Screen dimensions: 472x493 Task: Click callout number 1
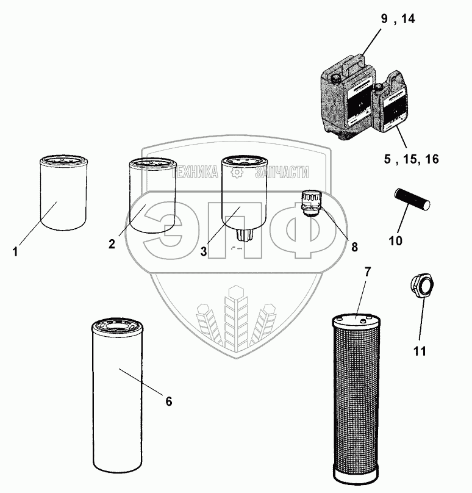click(15, 252)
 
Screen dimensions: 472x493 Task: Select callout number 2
click(112, 244)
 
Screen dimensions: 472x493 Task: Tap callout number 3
click(204, 251)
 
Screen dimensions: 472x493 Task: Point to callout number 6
click(169, 401)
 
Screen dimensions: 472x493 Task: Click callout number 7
click(367, 272)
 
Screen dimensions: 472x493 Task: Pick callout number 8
click(354, 247)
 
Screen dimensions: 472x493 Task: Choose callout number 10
click(395, 241)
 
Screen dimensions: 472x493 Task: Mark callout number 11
click(420, 351)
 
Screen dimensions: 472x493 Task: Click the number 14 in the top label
click(408, 19)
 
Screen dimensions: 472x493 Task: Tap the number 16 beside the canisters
click(432, 159)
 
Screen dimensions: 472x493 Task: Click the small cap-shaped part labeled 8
click(310, 203)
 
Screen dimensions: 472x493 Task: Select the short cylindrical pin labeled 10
click(412, 199)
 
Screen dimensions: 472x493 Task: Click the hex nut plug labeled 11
click(423, 286)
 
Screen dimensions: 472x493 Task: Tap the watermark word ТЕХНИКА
click(195, 172)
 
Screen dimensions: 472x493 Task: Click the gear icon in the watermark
click(237, 172)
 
